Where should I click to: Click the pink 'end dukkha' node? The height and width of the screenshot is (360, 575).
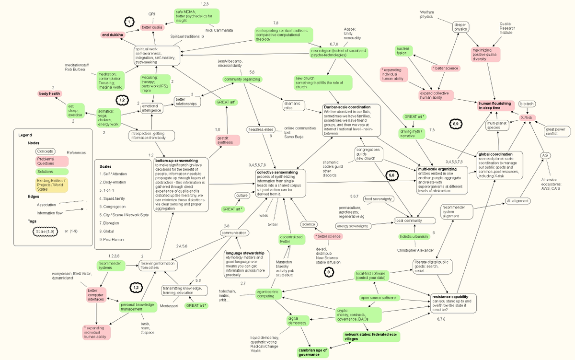113,35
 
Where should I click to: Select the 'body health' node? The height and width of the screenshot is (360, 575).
50,93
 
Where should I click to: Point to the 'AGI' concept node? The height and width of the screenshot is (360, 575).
545,155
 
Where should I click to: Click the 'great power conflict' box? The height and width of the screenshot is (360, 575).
555,131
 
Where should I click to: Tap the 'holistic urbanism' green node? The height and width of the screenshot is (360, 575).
414,236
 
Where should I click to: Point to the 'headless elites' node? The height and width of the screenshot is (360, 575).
261,130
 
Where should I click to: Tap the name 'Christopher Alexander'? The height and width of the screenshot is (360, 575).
415,250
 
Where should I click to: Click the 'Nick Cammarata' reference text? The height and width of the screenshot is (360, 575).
219,30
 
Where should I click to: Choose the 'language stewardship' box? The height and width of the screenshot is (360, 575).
246,263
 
